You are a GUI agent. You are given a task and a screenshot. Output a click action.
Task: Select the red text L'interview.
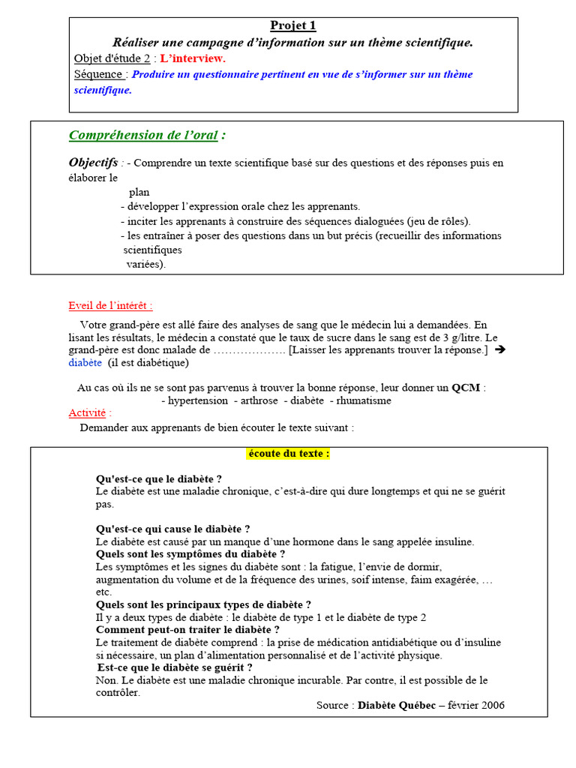(x=193, y=58)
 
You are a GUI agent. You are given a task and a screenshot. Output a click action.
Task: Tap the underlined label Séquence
(x=100, y=74)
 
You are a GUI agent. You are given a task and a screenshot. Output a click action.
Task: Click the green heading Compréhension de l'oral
(x=143, y=135)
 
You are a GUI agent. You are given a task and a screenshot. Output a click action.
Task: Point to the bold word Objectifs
(x=93, y=163)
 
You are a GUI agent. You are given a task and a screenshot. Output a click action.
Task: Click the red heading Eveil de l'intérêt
(x=110, y=306)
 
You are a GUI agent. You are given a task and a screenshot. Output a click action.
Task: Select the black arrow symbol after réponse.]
(x=500, y=349)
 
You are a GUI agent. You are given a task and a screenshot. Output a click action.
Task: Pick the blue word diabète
(x=85, y=363)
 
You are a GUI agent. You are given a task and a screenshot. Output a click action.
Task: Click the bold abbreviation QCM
(x=465, y=388)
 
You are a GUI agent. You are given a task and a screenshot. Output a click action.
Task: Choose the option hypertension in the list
(x=197, y=400)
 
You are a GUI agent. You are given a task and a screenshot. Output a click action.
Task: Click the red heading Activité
(x=87, y=413)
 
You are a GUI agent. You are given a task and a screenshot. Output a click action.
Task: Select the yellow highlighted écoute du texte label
(x=288, y=454)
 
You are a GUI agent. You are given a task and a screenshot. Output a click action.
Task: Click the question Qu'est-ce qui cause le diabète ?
(x=172, y=529)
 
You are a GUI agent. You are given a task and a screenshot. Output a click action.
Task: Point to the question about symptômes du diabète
(x=190, y=554)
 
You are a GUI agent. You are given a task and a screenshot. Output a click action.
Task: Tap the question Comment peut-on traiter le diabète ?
(x=187, y=630)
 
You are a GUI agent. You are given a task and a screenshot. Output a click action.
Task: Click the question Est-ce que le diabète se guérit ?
(x=175, y=667)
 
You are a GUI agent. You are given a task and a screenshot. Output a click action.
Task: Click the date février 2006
(x=476, y=705)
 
